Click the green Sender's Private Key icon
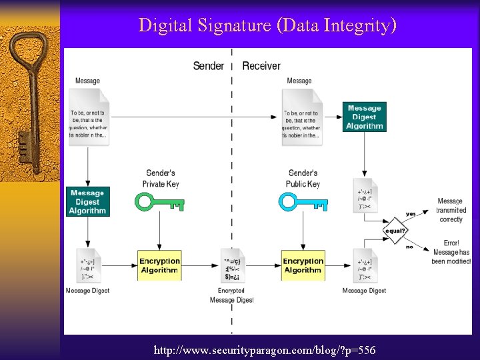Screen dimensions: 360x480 pos(159,201)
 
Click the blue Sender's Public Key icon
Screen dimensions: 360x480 pos(303,201)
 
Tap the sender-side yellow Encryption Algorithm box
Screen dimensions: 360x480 pos(159,265)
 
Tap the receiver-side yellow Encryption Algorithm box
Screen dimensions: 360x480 pos(303,265)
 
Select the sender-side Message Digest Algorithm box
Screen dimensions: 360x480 pos(87,202)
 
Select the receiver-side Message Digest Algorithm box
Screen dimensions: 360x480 pos(365,117)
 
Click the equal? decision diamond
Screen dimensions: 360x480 pos(395,231)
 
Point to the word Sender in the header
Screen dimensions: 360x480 pos(208,65)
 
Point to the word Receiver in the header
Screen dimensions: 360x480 pos(261,65)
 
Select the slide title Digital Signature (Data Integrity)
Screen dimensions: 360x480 pos(267,26)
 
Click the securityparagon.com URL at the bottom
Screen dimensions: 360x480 pos(265,350)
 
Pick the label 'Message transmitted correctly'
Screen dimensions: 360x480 pos(451,210)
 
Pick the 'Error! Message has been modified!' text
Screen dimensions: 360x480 pos(451,252)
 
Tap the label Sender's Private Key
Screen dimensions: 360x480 pos(161,179)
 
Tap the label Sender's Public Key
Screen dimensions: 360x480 pos(303,179)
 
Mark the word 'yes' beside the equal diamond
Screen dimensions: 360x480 pos(410,214)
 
